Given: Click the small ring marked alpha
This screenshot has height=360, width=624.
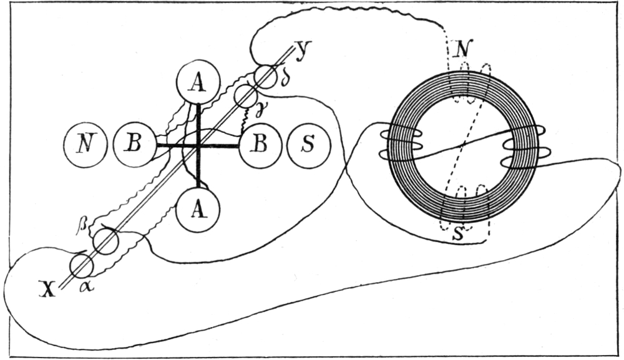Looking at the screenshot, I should [81, 266].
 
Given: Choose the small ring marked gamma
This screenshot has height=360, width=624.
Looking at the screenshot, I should [245, 96].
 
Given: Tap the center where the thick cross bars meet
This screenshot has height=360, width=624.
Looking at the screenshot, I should [198, 145].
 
